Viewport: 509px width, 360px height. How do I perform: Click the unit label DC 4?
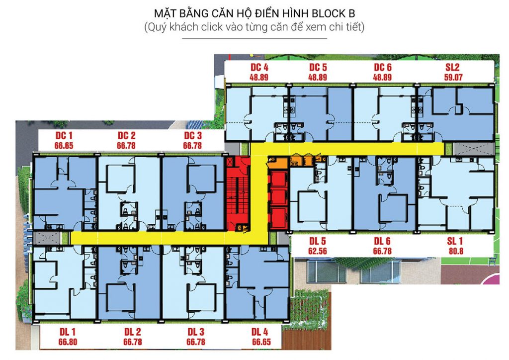click(259, 67)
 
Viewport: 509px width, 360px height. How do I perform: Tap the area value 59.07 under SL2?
click(453, 77)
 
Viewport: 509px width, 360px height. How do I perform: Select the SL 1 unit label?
click(455, 241)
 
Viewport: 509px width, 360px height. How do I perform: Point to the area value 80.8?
click(456, 251)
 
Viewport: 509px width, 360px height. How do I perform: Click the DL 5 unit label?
click(318, 241)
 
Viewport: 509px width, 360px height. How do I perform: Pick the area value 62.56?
click(318, 251)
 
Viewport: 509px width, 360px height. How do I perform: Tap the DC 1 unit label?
click(64, 135)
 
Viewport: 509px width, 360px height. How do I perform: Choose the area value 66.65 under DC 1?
click(64, 145)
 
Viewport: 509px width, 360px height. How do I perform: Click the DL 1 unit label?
click(68, 332)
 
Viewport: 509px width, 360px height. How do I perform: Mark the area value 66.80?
click(68, 342)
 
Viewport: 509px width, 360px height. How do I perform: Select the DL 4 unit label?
click(259, 332)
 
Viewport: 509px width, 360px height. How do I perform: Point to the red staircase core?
click(238, 194)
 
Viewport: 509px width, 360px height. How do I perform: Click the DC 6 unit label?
click(383, 67)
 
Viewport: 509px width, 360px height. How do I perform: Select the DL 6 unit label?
click(382, 241)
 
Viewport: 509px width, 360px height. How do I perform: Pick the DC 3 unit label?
click(193, 135)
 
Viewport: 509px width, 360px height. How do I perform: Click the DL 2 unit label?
click(132, 332)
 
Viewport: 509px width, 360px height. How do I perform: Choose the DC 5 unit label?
click(318, 67)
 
